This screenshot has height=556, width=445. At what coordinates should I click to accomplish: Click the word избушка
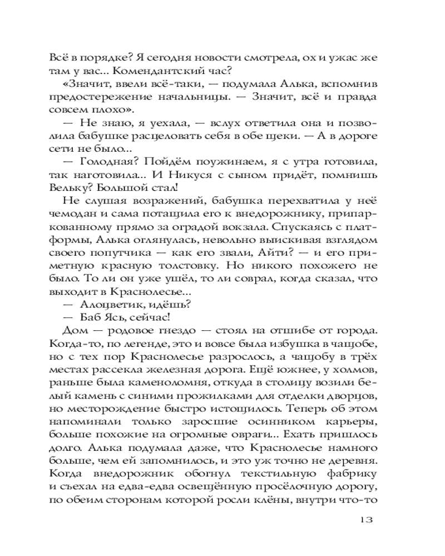(295, 346)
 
